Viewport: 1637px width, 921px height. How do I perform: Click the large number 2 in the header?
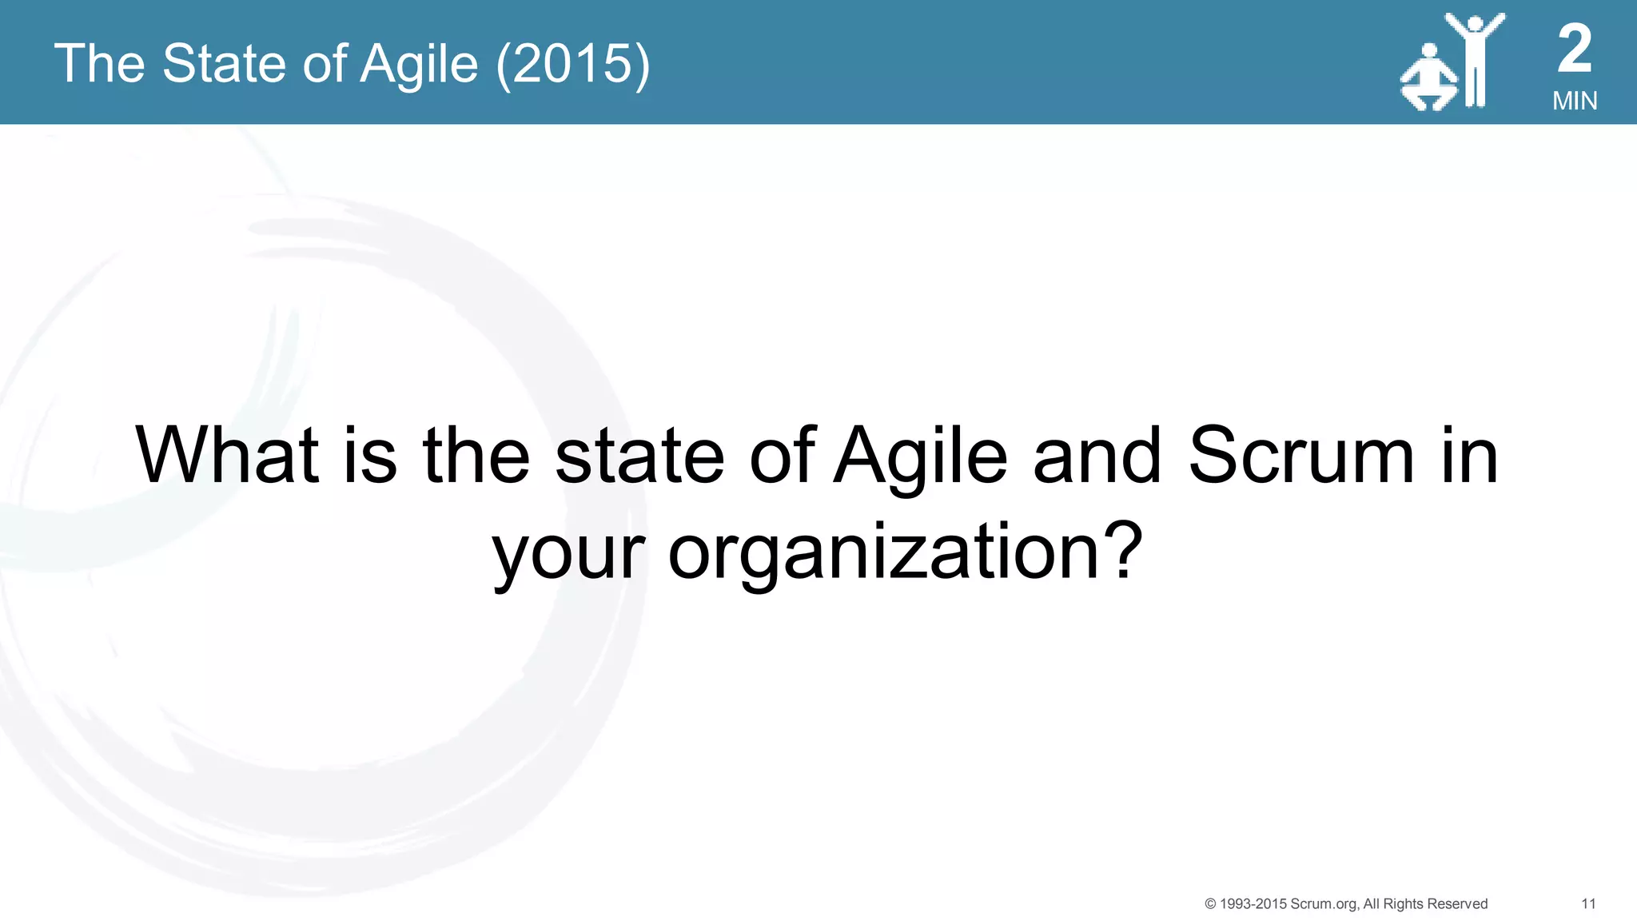point(1574,49)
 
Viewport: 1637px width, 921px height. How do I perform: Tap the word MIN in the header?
point(1575,101)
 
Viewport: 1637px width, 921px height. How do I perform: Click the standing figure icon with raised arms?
point(1475,60)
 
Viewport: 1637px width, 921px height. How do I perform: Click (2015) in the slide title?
point(573,64)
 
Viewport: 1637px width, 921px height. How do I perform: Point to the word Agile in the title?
point(419,64)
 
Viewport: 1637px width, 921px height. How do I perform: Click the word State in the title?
point(225,64)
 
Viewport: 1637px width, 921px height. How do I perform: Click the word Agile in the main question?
point(920,457)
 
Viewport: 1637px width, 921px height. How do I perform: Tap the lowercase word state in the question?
point(639,457)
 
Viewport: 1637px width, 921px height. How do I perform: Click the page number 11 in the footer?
point(1588,903)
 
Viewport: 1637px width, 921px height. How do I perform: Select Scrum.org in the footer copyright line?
point(1324,903)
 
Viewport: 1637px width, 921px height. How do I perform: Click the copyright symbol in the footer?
point(1210,903)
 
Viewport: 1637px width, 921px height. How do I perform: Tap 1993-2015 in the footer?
point(1253,903)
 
